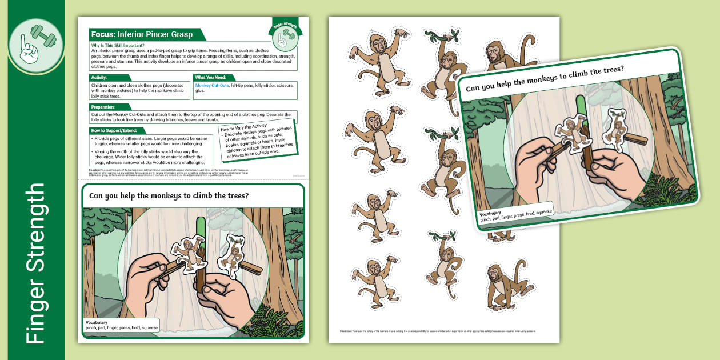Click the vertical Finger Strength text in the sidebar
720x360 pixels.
click(35, 263)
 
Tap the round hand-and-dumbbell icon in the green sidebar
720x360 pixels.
click(35, 46)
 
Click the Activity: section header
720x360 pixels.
click(103, 77)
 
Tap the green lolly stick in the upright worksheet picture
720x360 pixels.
click(201, 229)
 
